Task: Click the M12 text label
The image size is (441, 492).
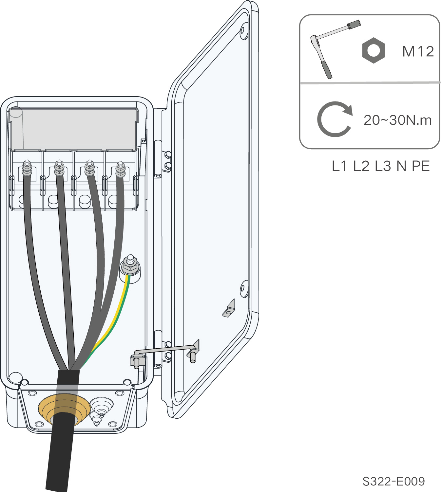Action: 418,52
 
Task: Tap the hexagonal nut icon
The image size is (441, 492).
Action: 373,50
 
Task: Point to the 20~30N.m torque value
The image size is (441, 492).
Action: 397,120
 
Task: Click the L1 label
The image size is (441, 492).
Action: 339,166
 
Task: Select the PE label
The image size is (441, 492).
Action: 420,166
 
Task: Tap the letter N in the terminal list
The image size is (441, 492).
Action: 401,166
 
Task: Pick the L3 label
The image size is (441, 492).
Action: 383,166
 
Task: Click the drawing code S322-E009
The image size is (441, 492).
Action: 393,481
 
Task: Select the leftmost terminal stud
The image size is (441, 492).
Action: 27,168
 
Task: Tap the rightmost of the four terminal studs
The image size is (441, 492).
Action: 120,169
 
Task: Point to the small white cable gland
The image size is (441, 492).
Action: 101,406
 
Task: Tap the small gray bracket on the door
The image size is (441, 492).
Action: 230,309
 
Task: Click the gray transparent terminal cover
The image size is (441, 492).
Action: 74,128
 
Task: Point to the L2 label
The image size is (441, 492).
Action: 361,166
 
